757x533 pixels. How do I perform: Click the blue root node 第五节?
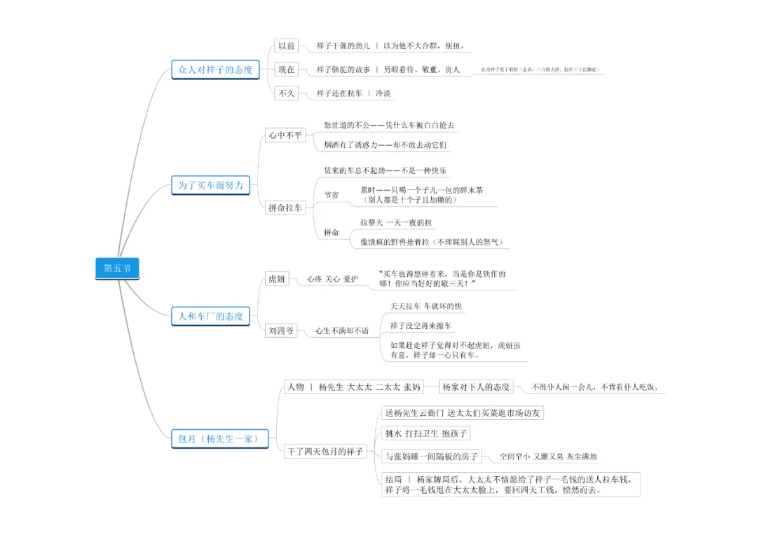(x=117, y=268)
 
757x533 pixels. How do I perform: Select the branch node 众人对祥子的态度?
(x=215, y=69)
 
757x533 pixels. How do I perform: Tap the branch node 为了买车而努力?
(x=210, y=185)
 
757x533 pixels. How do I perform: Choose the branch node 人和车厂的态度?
(x=210, y=316)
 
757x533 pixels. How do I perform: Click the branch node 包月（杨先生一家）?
(x=219, y=439)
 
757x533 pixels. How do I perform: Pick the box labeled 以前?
(x=286, y=46)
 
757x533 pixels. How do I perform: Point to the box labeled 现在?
(x=286, y=69)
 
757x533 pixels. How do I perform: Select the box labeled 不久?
(x=286, y=93)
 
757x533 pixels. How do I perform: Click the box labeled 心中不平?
(x=285, y=135)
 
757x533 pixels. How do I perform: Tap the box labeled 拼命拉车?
(x=285, y=208)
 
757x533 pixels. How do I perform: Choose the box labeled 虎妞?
(x=276, y=279)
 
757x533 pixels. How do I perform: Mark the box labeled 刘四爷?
(x=280, y=330)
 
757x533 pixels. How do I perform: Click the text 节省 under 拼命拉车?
(x=331, y=195)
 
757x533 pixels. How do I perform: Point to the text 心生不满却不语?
(x=341, y=330)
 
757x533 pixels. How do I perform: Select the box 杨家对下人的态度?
(x=476, y=387)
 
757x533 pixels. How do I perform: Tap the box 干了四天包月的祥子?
(x=325, y=452)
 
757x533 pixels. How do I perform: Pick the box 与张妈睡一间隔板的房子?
(x=432, y=457)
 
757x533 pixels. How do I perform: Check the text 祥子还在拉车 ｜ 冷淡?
(x=353, y=93)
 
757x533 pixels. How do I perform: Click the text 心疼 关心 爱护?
(x=332, y=279)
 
